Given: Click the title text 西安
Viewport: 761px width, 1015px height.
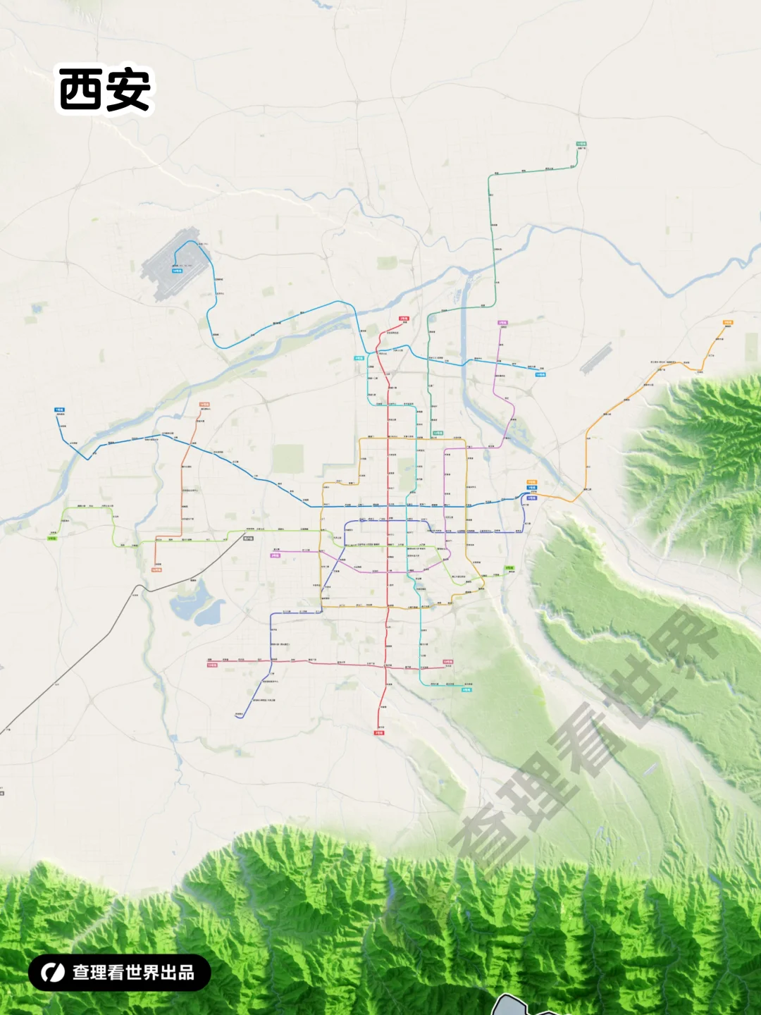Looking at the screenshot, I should pos(104,90).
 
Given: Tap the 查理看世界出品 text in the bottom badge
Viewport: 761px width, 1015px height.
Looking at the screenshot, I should pos(133,973).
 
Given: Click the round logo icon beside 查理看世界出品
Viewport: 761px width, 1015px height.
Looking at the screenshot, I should pos(53,973).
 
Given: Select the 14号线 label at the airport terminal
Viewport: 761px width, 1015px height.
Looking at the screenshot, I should pos(177,271).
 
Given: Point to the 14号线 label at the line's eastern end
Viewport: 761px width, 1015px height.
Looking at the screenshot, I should pos(540,374).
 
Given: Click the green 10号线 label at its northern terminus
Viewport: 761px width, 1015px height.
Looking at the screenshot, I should pos(581,144).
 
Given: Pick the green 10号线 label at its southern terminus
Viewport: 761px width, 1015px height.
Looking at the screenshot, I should pos(438,433).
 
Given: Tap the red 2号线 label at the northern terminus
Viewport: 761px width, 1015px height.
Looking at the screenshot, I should pos(404,319).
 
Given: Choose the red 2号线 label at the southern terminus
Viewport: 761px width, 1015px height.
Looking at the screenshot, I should pos(379,733).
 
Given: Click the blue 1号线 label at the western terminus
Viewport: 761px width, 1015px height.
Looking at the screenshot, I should pos(59,410).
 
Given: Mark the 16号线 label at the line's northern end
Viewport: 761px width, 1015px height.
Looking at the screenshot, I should pos(204,405).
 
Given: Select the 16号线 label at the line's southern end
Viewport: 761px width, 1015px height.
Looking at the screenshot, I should pos(156,570).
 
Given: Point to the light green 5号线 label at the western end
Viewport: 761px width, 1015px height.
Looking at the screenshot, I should pos(52,538).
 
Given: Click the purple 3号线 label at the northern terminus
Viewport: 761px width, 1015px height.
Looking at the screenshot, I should pos(502,323).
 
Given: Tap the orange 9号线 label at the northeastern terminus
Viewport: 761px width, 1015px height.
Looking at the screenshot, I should pos(728,322).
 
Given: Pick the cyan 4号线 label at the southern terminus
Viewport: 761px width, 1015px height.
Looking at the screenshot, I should pos(466,690).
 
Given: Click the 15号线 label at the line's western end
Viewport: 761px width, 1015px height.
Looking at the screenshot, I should pos(212,665).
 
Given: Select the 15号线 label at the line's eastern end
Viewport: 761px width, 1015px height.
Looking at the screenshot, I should pos(448,662).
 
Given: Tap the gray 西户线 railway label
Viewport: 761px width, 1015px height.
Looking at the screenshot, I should pos(248,539).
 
